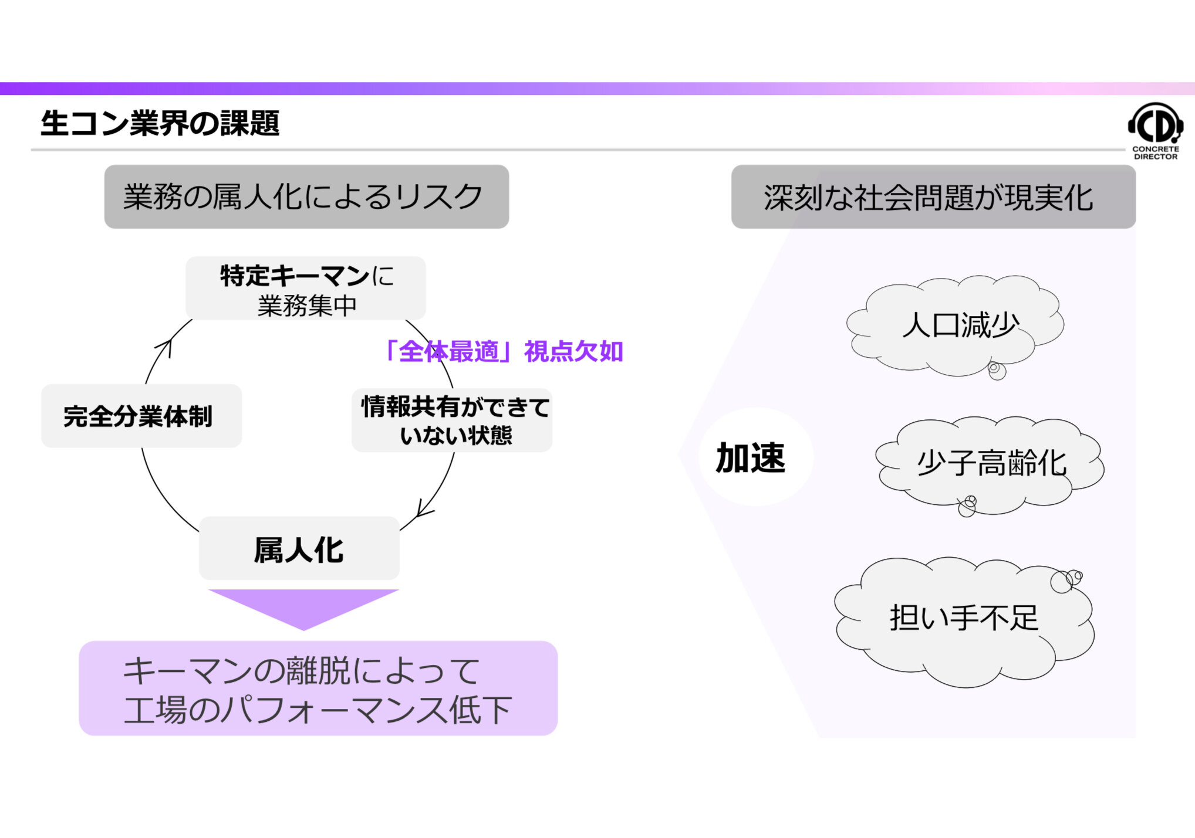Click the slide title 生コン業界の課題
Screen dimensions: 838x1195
(160, 124)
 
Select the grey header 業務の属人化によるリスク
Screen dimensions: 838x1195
(306, 196)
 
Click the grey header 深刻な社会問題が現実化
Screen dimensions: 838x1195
(933, 197)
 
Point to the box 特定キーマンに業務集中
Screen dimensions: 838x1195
(306, 289)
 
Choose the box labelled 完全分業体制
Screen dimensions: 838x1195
(141, 416)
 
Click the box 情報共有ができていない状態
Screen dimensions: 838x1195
(452, 420)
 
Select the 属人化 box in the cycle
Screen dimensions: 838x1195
(299, 549)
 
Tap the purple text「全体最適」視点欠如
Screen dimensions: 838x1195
(503, 351)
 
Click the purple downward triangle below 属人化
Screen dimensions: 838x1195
(303, 606)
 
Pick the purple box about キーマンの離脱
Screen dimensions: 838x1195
(318, 688)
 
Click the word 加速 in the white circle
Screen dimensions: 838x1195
(751, 457)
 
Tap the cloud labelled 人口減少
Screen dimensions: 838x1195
(957, 325)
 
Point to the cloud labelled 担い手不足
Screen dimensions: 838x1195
(964, 619)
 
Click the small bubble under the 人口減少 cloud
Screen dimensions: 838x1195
(996, 370)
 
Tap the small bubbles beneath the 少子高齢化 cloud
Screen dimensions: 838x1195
(967, 505)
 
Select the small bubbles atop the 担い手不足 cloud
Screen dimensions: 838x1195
(1065, 581)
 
